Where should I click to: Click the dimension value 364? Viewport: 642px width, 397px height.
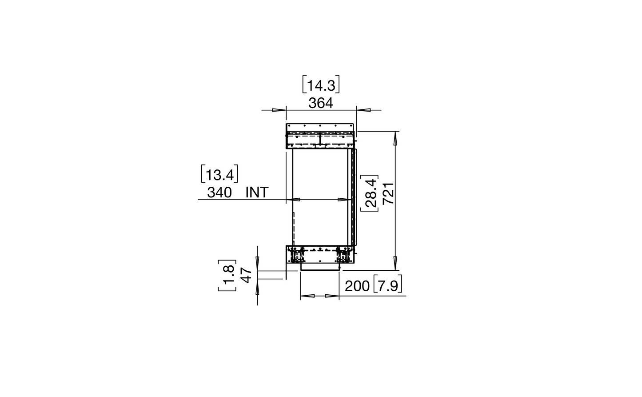321,103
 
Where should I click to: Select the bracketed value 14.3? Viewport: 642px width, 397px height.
321,85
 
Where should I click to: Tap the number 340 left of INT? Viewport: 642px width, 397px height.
219,192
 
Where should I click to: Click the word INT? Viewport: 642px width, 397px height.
257,192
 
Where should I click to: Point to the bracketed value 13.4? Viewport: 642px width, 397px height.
219,174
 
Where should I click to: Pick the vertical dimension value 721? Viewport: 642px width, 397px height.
388,193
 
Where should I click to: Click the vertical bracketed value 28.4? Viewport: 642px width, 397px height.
370,193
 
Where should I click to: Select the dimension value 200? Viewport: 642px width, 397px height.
357,286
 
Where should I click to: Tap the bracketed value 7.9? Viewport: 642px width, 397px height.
388,286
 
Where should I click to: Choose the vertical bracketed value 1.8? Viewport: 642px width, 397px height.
227,276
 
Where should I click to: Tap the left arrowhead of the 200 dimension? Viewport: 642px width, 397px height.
307,296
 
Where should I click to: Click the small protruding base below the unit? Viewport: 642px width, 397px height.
320,267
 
